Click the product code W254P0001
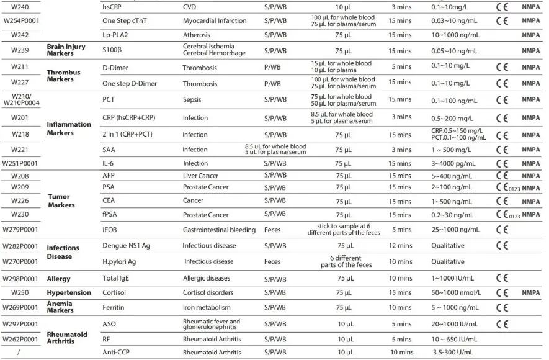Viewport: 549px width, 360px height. pos(22,20)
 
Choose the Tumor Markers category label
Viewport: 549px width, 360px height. pos(63,200)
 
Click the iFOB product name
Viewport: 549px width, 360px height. pos(110,230)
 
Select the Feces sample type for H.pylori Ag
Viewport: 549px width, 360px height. pos(272,261)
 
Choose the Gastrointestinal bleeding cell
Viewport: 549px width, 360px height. pos(219,230)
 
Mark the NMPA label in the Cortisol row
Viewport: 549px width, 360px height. pos(531,292)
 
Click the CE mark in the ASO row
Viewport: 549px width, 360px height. pos(503,323)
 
